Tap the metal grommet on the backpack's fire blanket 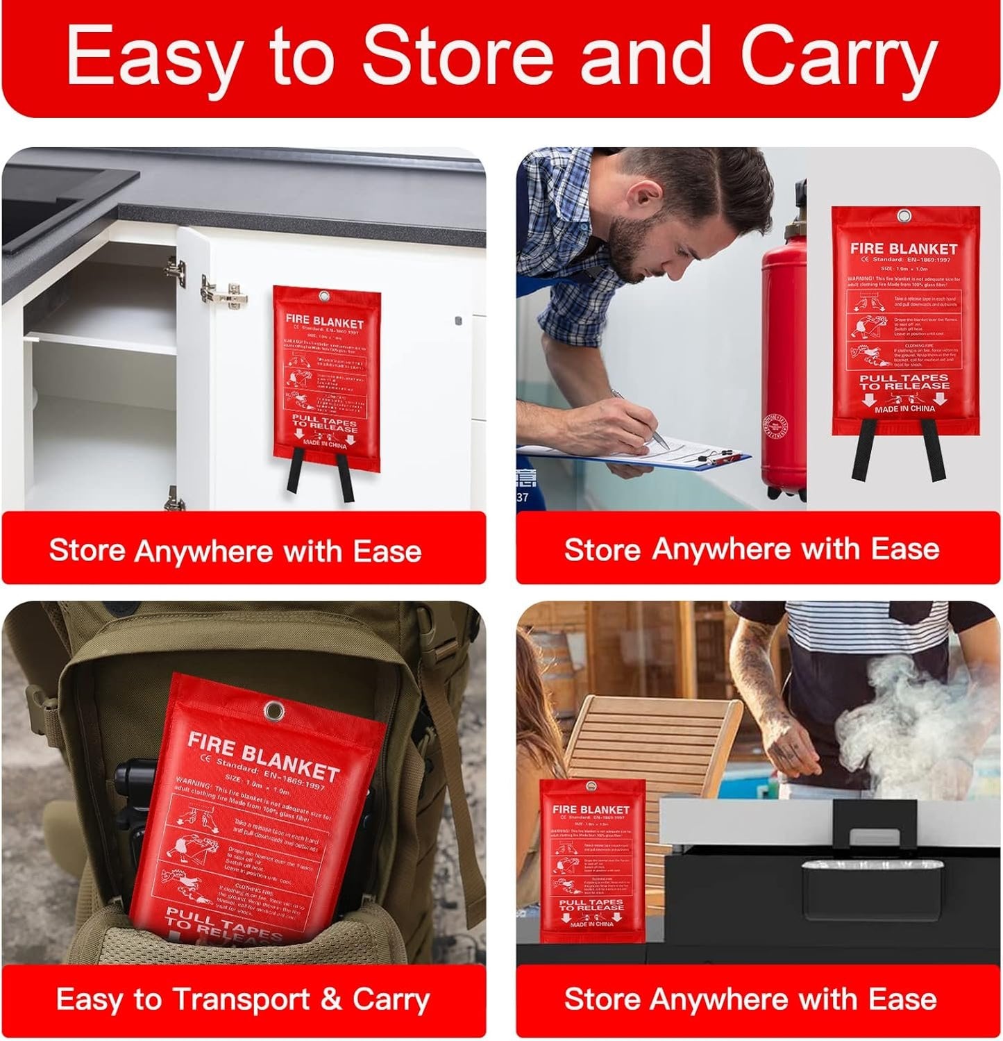pyautogui.click(x=273, y=711)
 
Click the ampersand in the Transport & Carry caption pyautogui.click(x=332, y=1000)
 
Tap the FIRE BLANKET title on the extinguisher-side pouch pyautogui.click(x=903, y=248)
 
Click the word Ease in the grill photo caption pyautogui.click(x=902, y=999)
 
